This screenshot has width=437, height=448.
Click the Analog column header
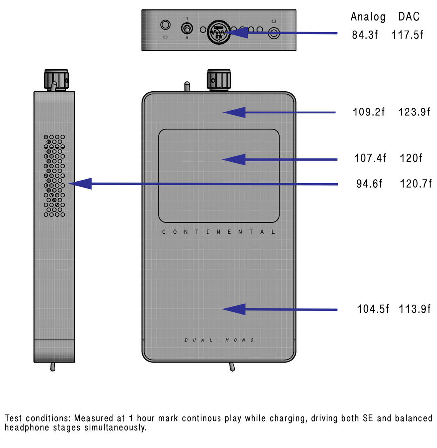368,17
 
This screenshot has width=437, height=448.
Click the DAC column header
409,16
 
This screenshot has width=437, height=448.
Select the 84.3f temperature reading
365,35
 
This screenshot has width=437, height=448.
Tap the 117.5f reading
407,35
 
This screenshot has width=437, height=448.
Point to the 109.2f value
368,112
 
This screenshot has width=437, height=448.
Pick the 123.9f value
414,112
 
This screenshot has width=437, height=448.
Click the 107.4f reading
370,158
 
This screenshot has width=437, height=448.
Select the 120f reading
411,158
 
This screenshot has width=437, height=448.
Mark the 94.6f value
369,183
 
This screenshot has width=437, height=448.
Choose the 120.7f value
416,183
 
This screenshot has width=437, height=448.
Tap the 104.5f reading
373,309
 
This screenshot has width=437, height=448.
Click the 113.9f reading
414,309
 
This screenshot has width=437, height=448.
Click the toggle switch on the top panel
187,29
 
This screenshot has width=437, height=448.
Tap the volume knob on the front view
219,80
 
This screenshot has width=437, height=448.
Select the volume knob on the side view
56,80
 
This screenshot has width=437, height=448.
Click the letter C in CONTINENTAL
164,232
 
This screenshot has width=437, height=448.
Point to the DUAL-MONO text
219,340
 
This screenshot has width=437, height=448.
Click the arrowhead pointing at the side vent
80,184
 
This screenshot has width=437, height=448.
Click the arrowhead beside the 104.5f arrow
234,309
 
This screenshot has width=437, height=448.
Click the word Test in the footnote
13,418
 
